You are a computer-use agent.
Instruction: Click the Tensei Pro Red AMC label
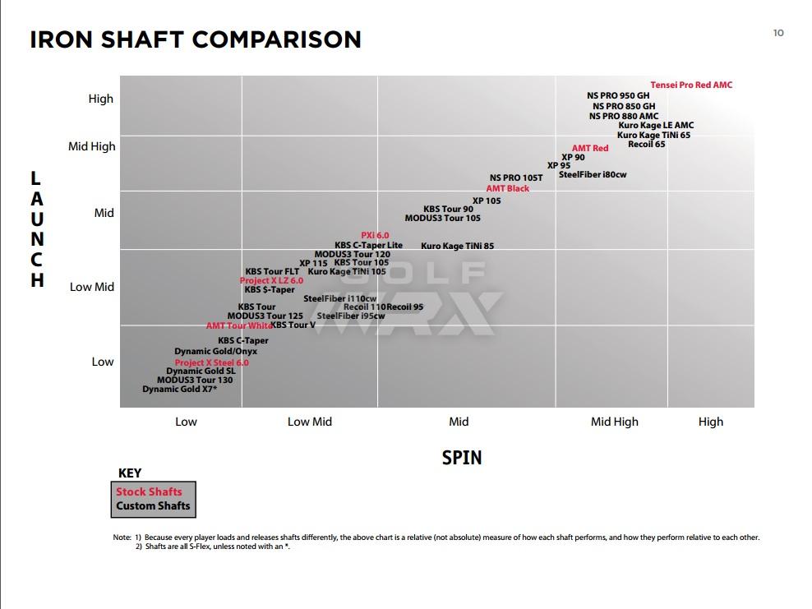[x=690, y=85]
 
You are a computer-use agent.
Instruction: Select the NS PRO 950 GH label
[x=617, y=96]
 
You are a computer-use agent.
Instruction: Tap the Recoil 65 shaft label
[x=646, y=145]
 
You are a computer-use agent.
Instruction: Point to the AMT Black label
[x=507, y=189]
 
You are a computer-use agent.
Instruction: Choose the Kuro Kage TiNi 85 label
[x=457, y=247]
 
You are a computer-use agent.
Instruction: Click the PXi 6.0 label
[x=375, y=236]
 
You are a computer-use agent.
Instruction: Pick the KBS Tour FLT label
[x=272, y=272]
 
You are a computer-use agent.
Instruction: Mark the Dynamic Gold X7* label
[x=179, y=390]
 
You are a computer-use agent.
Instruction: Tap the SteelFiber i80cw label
[x=592, y=175]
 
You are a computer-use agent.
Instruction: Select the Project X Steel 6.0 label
[x=211, y=363]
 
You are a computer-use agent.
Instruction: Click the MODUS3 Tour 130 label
[x=194, y=381]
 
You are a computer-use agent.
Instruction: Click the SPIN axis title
[x=461, y=458]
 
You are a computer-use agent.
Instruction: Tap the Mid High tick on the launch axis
[x=92, y=147]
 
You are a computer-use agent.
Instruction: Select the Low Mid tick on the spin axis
[x=310, y=422]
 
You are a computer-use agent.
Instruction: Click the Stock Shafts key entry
[x=149, y=492]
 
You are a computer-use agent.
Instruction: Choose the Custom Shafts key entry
[x=153, y=506]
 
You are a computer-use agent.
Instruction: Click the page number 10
[x=778, y=33]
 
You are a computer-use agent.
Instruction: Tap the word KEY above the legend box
[x=130, y=473]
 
